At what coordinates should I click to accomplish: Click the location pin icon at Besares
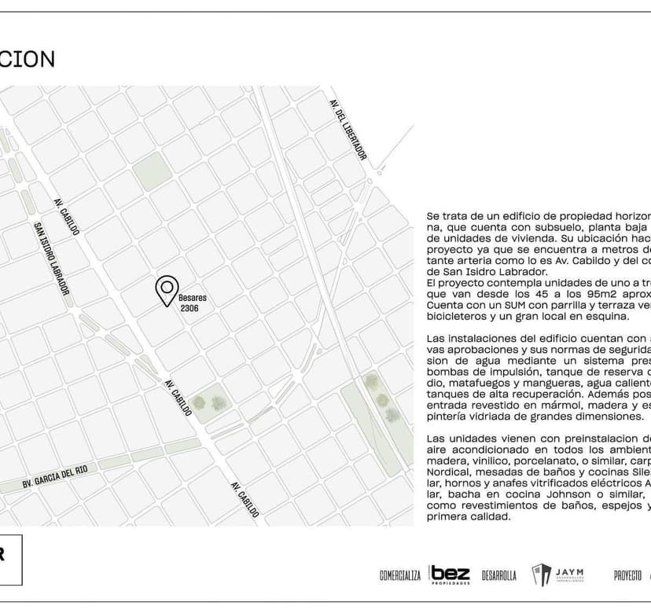point(167,290)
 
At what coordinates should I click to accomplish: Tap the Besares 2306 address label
point(193,303)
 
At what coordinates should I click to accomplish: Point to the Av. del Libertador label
point(348,130)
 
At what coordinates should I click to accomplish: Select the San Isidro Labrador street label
point(51,259)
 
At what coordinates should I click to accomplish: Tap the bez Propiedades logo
point(449,574)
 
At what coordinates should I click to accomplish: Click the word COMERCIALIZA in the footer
point(400,575)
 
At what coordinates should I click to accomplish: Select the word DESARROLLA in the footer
point(499,575)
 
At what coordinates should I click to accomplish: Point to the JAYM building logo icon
point(542,575)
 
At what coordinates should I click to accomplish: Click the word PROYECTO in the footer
point(627,575)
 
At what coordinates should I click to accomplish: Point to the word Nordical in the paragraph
point(447,472)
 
